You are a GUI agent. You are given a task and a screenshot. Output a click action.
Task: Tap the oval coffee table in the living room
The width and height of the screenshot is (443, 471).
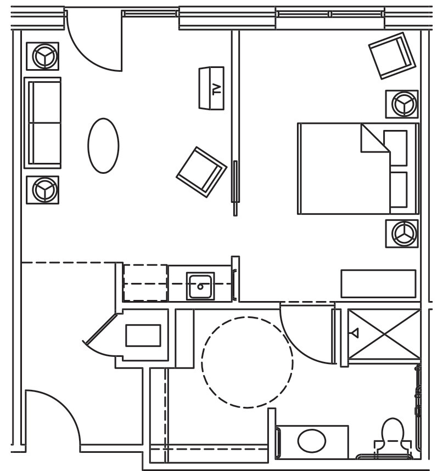coord(103,145)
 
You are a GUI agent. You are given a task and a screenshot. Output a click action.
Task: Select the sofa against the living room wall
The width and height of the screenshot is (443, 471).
coord(42,122)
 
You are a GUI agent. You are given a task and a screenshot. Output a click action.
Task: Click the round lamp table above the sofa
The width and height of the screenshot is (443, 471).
coord(42,56)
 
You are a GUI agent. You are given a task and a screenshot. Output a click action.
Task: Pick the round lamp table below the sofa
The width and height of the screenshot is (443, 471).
coord(42,190)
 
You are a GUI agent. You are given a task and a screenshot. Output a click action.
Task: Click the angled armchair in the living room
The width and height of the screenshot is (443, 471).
coord(201,172)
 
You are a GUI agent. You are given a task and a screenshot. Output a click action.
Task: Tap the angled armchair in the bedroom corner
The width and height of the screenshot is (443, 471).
coord(391,55)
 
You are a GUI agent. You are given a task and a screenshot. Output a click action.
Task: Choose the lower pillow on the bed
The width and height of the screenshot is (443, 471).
coord(397,190)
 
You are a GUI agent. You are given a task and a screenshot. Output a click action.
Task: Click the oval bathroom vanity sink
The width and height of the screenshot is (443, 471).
coord(312,440)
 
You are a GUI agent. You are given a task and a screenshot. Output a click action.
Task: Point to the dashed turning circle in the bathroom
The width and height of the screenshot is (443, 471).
coord(247,362)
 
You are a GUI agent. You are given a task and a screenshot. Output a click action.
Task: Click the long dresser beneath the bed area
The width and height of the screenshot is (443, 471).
coord(378,283)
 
